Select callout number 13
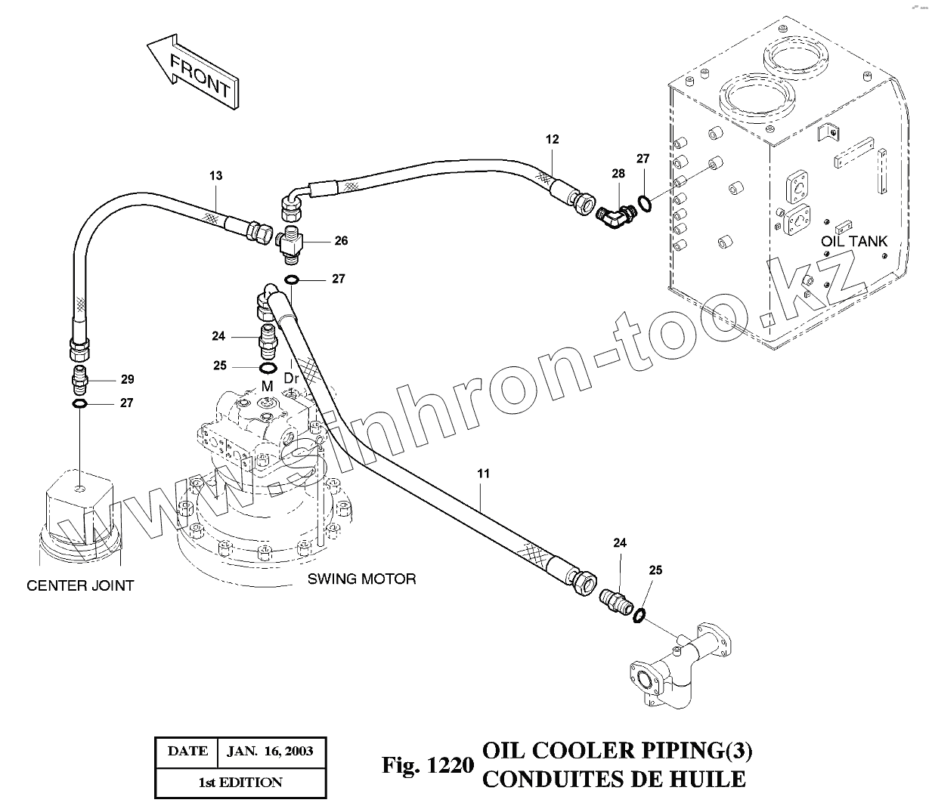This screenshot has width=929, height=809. (x=216, y=175)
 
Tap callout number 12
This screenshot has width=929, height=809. (x=552, y=139)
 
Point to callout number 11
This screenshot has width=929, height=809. (x=483, y=474)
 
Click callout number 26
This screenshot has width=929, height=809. (x=342, y=241)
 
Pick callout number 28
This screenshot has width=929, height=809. (x=618, y=174)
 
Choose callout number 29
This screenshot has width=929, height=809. (x=127, y=378)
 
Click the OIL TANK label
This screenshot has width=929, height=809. (x=854, y=242)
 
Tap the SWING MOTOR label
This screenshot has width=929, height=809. (x=361, y=579)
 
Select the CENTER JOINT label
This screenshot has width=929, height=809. (x=80, y=585)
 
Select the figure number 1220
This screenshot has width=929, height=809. (x=427, y=765)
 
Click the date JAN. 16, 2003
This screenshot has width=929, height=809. (x=271, y=752)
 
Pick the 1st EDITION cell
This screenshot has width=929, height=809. (x=240, y=783)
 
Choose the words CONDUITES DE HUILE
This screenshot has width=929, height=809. (x=613, y=778)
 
